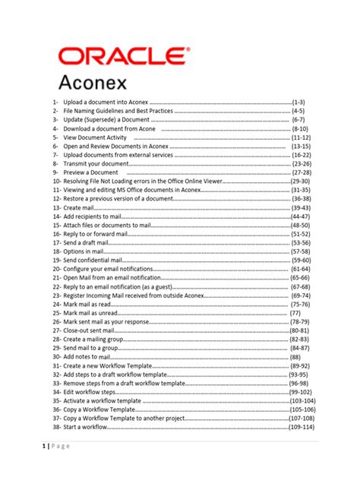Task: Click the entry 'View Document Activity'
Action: coord(95,138)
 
